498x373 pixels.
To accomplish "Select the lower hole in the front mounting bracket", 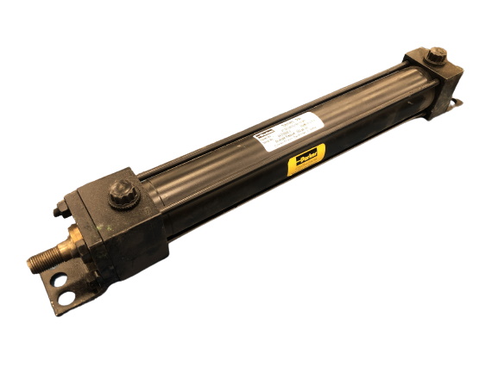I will [65, 297].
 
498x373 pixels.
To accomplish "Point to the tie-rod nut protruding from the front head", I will [59, 208].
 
